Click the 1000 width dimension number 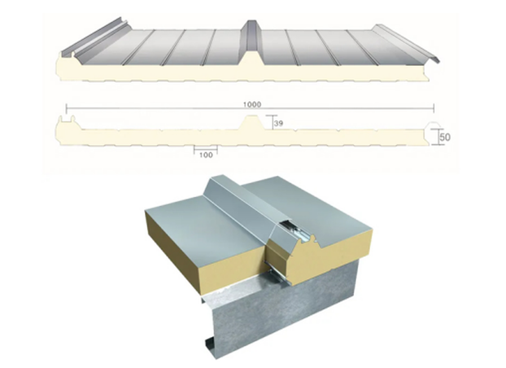click(252, 104)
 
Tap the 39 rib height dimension click(277, 124)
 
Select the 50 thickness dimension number click(444, 138)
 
